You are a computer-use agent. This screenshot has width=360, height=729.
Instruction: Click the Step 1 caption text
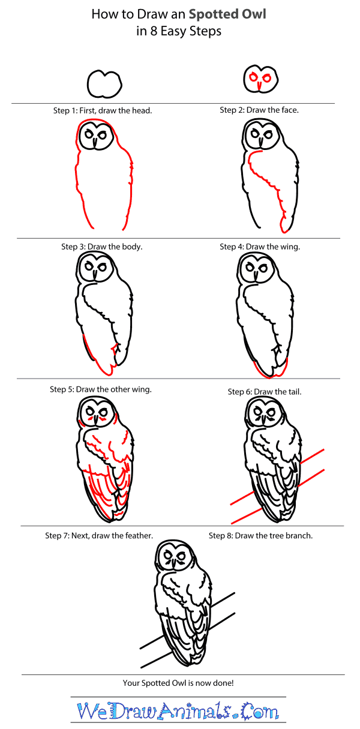point(102,110)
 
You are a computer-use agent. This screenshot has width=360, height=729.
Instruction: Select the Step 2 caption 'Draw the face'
point(259,110)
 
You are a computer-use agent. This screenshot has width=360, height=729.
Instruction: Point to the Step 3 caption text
point(101,247)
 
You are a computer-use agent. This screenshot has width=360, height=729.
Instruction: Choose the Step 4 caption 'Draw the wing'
point(260,247)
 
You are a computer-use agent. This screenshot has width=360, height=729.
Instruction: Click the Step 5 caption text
point(101,389)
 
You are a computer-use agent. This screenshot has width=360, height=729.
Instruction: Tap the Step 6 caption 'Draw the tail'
point(264,392)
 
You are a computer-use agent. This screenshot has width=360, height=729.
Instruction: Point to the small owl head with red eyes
point(259,80)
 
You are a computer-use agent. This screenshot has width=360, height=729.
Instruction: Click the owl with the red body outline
point(102,175)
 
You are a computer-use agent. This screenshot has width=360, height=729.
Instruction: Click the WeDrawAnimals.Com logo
point(178,712)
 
